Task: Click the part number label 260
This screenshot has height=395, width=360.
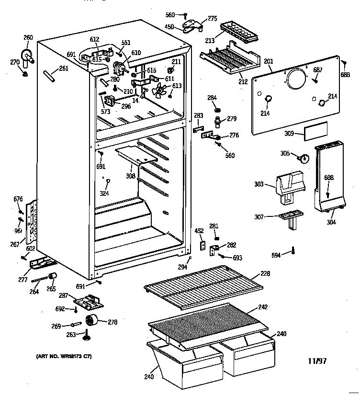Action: [28, 38]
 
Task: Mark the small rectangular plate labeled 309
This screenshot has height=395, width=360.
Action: [315, 130]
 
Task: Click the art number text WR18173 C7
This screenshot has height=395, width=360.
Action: [64, 357]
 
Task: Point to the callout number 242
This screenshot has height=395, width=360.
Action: [263, 306]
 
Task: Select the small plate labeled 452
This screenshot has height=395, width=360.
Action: [202, 246]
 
